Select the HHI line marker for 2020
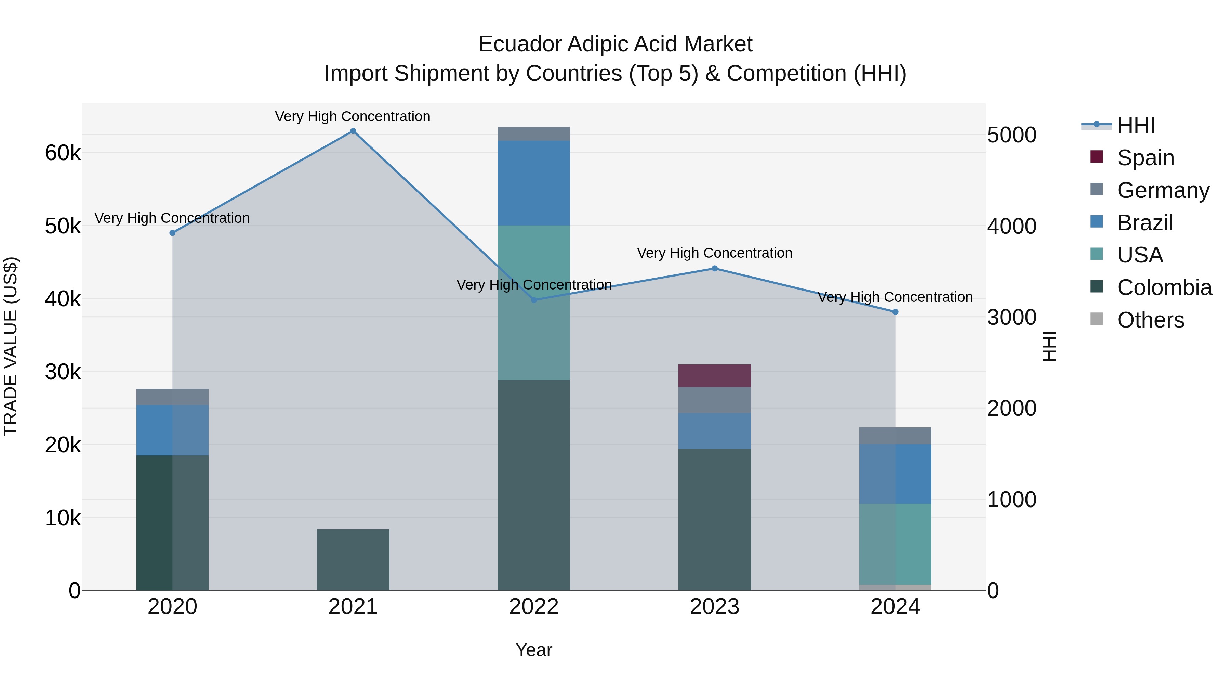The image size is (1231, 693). pyautogui.click(x=173, y=233)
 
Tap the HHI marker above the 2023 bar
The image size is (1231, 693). pyautogui.click(x=714, y=268)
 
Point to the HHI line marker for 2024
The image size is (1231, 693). pyautogui.click(x=895, y=312)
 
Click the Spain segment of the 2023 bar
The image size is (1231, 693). pyautogui.click(x=714, y=376)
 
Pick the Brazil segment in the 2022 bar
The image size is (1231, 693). pyautogui.click(x=534, y=183)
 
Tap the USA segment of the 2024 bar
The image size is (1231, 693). pyautogui.click(x=895, y=544)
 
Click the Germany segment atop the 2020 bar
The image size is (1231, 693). pyautogui.click(x=173, y=397)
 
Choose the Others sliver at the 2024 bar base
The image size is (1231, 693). pyautogui.click(x=895, y=587)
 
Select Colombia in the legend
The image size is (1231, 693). pyautogui.click(x=1164, y=287)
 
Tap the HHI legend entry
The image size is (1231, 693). pyautogui.click(x=1136, y=125)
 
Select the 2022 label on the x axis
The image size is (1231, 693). pyautogui.click(x=534, y=607)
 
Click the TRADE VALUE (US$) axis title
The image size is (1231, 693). pyautogui.click(x=11, y=346)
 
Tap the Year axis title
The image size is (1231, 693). pyautogui.click(x=534, y=650)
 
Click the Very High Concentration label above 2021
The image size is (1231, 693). pyautogui.click(x=353, y=116)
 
